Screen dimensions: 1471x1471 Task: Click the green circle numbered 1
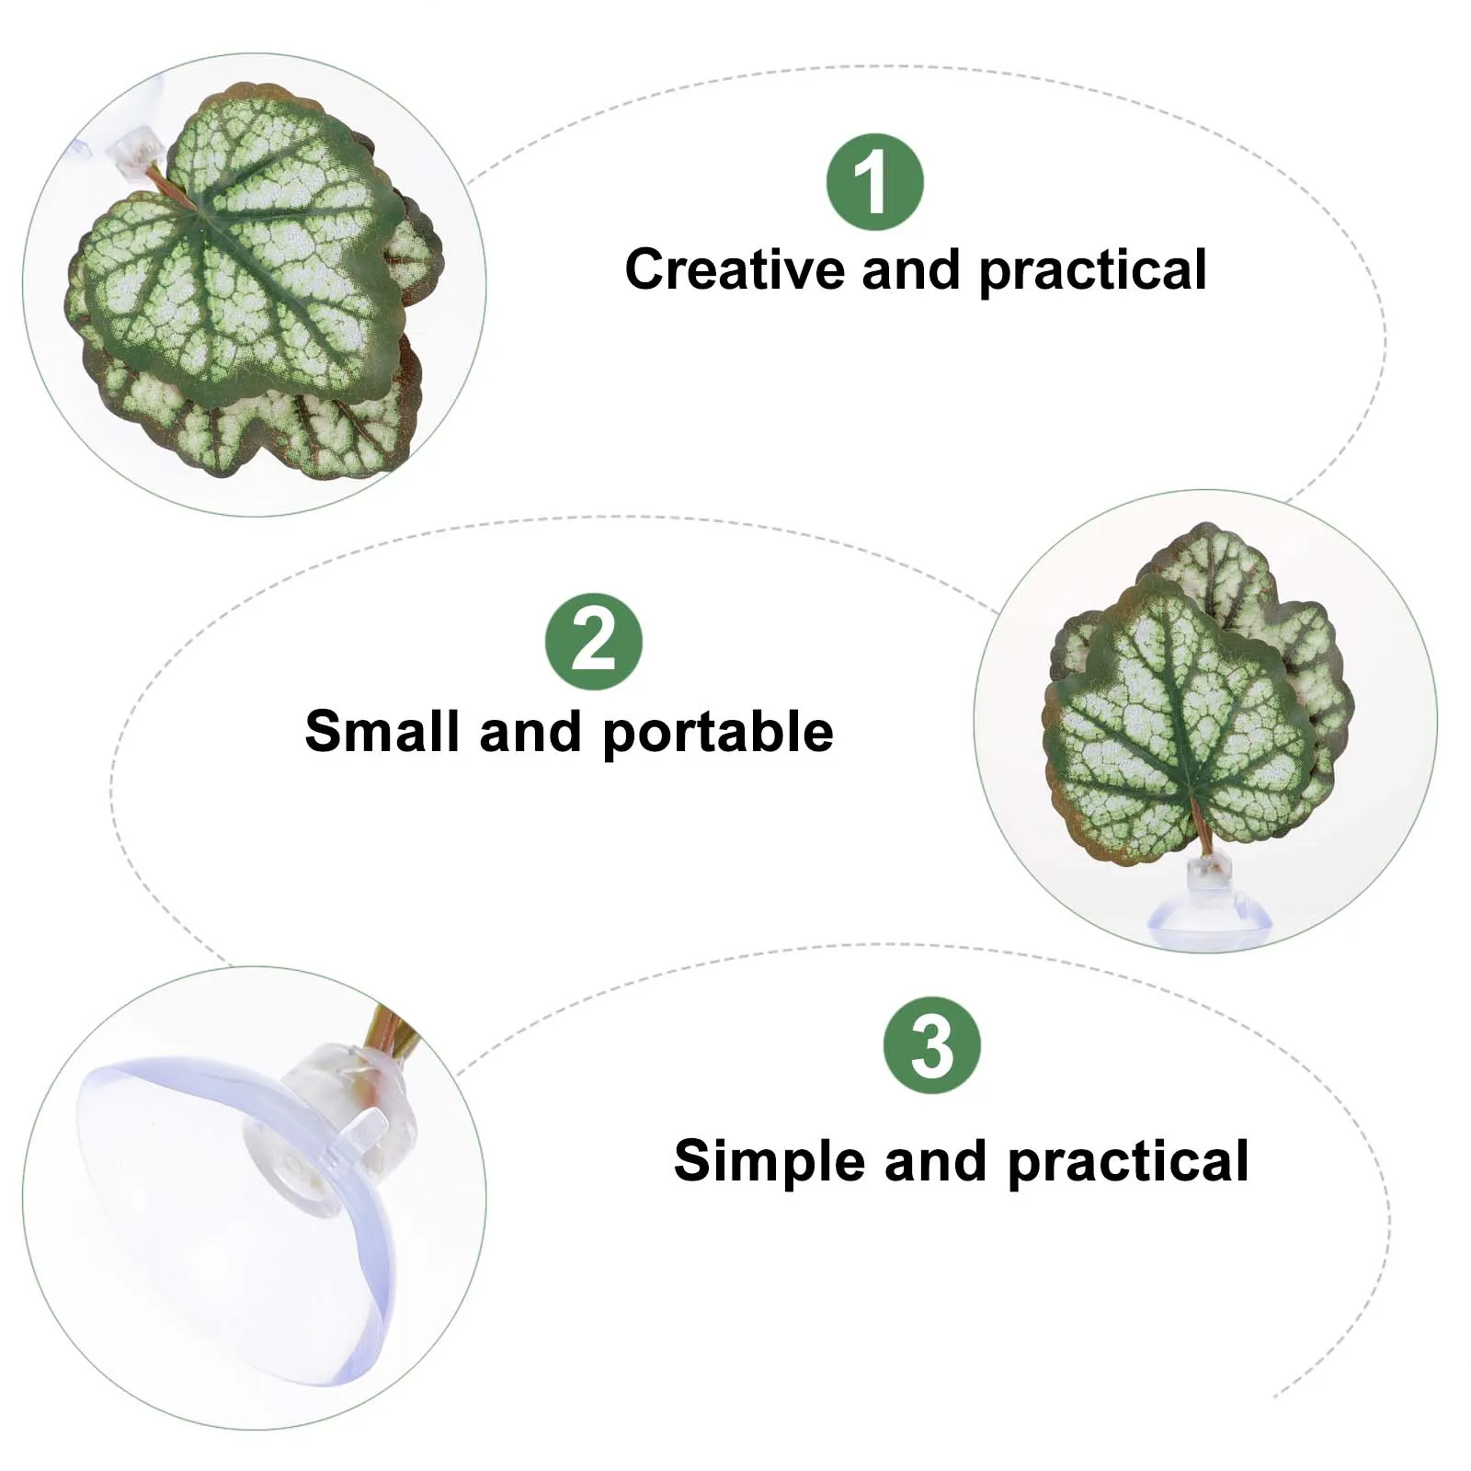pyautogui.click(x=874, y=182)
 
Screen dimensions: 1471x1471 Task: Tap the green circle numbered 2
pyautogui.click(x=593, y=642)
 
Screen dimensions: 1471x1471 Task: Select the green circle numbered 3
pyautogui.click(x=931, y=1045)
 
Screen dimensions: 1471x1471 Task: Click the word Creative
pyautogui.click(x=734, y=270)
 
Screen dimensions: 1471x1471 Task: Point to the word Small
pyautogui.click(x=383, y=732)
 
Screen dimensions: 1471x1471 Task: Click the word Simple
pyautogui.click(x=769, y=1160)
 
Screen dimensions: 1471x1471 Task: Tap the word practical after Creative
pyautogui.click(x=1092, y=271)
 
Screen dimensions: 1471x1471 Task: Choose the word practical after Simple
pyautogui.click(x=1128, y=1161)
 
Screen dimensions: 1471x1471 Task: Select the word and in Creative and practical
pyautogui.click(x=911, y=270)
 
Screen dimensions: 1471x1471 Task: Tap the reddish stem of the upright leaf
pyautogui.click(x=1201, y=827)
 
